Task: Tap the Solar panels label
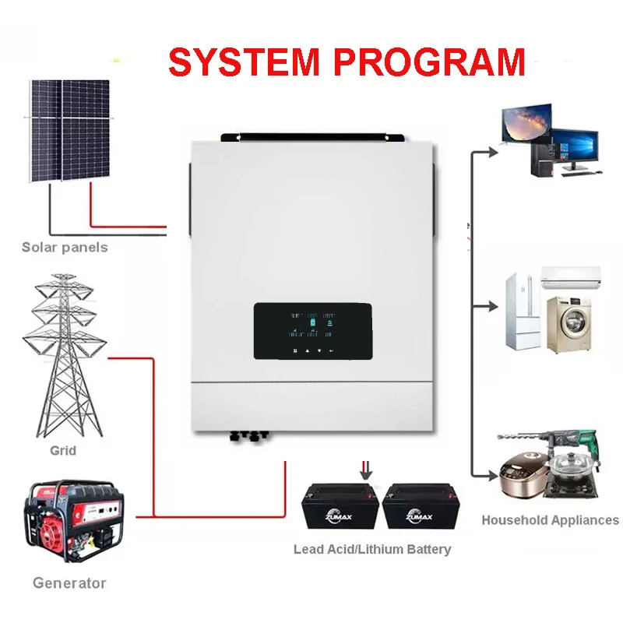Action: coord(65,248)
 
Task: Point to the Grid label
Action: coord(63,450)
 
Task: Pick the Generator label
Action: coord(69,583)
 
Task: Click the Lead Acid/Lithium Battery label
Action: coord(372,549)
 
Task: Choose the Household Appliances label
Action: coord(550,520)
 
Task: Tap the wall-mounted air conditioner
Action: coord(572,275)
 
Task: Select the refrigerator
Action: coord(523,311)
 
